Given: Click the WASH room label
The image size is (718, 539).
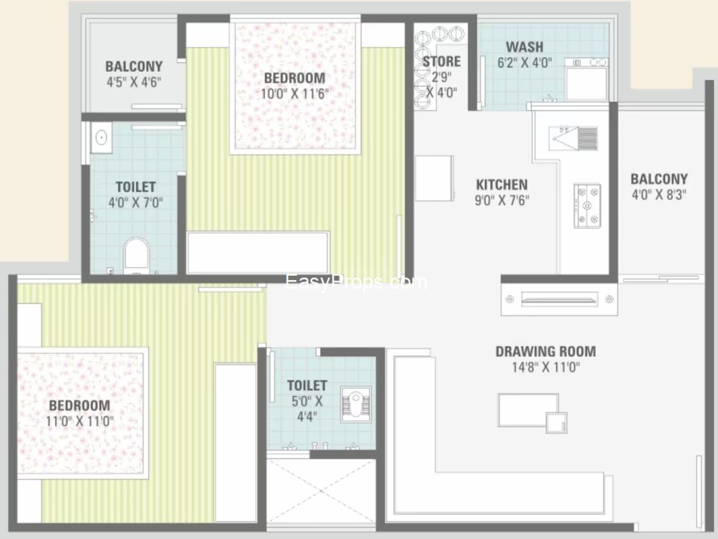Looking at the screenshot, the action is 525,46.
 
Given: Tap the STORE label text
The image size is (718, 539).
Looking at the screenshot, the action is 441,61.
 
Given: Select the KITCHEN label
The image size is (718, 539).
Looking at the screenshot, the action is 502,185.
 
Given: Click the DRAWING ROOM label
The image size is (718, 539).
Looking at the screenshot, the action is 546,351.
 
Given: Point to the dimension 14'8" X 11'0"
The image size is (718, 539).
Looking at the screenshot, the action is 546,367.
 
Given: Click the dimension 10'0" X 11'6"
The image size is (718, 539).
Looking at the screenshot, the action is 295,94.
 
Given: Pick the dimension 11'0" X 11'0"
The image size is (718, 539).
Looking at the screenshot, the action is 80,421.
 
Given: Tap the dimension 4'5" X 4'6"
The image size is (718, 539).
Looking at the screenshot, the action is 134,82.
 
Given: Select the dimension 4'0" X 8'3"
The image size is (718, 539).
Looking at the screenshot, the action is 659,195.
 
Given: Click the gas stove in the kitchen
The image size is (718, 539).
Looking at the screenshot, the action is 587,206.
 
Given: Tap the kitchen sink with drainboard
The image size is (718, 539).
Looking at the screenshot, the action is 573,138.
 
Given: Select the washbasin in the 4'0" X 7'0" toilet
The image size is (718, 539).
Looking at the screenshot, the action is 101,137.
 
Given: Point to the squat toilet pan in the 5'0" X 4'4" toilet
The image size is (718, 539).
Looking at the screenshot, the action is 356,404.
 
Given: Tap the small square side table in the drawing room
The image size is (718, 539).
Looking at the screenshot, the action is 556,422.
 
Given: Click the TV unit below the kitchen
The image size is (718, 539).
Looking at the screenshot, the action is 559,299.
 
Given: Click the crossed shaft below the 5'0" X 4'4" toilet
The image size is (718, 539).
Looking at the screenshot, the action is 321,491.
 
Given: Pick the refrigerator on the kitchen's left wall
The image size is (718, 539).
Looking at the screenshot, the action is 435,178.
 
